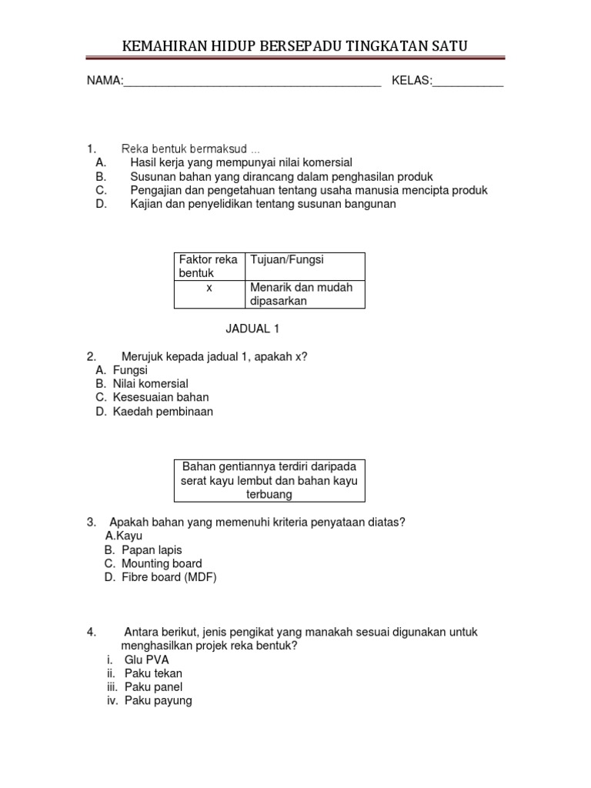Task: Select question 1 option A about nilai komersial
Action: pyautogui.click(x=241, y=162)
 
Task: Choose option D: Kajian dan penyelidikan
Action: pyautogui.click(x=262, y=204)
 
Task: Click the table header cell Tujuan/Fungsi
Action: pyautogui.click(x=305, y=266)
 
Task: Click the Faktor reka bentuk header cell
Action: pyautogui.click(x=209, y=266)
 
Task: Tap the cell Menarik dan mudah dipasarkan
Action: pyautogui.click(x=305, y=294)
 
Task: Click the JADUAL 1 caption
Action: pyautogui.click(x=252, y=329)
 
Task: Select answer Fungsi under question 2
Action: pyautogui.click(x=130, y=369)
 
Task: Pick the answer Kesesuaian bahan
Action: pyautogui.click(x=160, y=397)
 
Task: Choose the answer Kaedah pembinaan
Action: pyautogui.click(x=162, y=411)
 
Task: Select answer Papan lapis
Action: pyautogui.click(x=154, y=549)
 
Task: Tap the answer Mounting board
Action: pyautogui.click(x=162, y=563)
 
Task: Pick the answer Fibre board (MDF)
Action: pyautogui.click(x=169, y=577)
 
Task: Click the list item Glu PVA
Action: pyautogui.click(x=146, y=659)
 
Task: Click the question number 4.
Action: pyautogui.click(x=92, y=632)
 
